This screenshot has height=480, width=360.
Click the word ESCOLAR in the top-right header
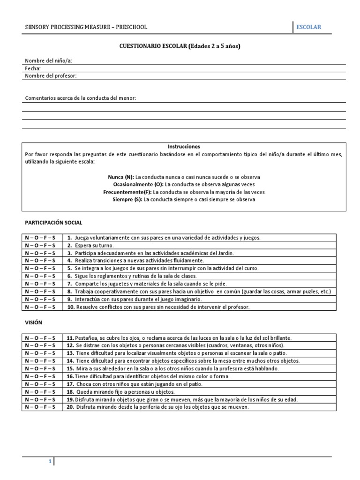pos(308,27)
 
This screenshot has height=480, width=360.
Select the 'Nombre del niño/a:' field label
pos(48,60)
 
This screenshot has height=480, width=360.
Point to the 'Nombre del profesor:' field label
pos(51,75)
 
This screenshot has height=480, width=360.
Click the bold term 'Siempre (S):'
pos(127,199)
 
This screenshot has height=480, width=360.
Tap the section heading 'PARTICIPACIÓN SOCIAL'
pos(53,223)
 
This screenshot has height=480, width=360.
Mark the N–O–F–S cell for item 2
pos(40,246)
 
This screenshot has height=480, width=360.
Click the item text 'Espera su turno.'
pos(93,246)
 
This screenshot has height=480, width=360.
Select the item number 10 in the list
pos(71,307)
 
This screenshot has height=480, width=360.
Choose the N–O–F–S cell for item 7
pos(40,284)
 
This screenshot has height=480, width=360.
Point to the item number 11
pos(70,338)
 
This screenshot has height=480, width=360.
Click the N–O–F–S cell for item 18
pos(40,391)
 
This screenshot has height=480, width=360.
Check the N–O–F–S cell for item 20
pos(40,407)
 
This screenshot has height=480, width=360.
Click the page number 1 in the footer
pos(50,462)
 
